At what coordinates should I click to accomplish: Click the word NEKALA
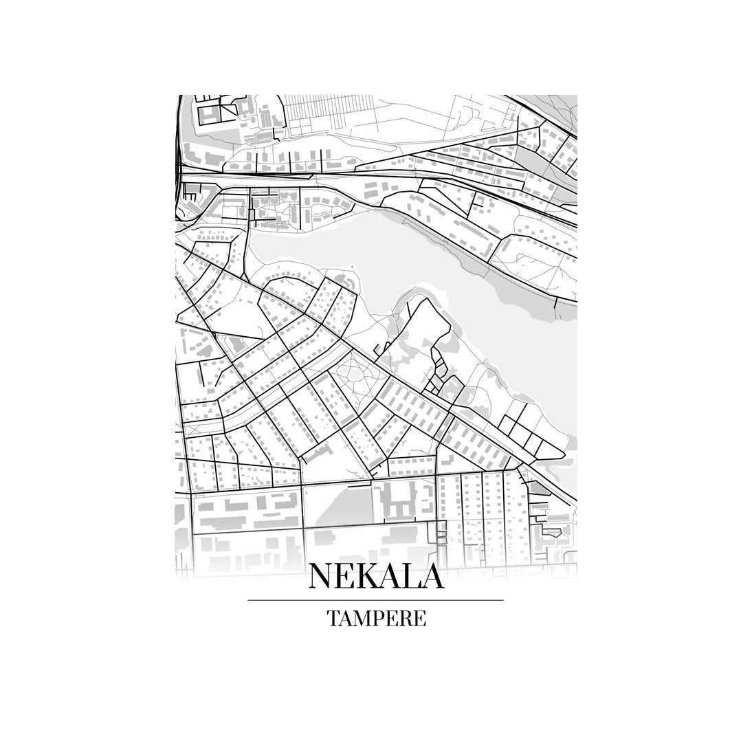click(376, 576)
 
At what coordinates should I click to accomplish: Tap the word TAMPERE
click(376, 618)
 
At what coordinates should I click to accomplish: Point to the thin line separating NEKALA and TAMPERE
click(376, 600)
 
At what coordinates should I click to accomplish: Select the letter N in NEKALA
click(322, 576)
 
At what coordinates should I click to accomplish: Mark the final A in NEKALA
click(431, 576)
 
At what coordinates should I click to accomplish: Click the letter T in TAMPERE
click(332, 618)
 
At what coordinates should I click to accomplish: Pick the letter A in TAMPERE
click(345, 618)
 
